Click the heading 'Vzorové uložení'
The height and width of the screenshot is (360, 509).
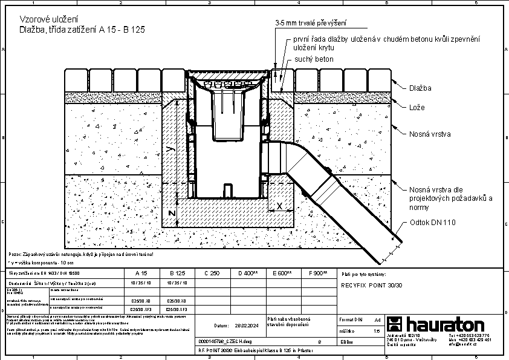pos(45,19)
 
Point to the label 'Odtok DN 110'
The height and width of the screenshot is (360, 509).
pos(433,223)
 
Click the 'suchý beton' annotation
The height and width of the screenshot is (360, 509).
pos(314,59)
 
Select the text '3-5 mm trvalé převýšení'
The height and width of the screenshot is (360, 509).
pos(311,23)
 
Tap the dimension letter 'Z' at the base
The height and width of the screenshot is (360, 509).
pos(171,214)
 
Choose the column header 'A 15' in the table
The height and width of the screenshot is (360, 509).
pos(141,273)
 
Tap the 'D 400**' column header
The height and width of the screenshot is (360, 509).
pos(248,273)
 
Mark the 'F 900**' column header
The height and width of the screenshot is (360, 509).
pos(318,273)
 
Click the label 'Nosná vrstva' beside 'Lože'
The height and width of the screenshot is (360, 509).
pos(430,134)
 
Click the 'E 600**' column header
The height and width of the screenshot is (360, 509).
pos(283,273)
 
